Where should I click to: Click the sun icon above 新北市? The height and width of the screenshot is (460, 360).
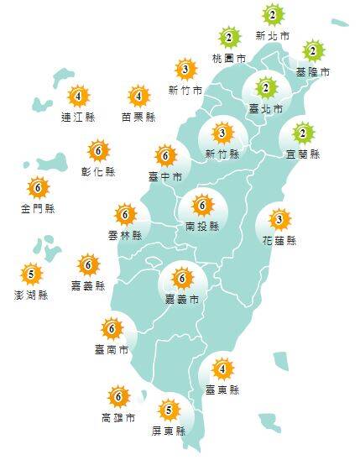click(x=273, y=15)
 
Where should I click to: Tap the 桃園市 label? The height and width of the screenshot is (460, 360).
click(x=230, y=59)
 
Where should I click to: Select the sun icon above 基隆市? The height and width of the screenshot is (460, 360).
click(x=313, y=50)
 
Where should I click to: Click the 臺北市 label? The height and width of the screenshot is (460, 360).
click(x=265, y=109)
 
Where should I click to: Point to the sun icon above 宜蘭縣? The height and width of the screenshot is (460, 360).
click(x=303, y=133)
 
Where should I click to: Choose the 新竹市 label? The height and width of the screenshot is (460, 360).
click(x=185, y=90)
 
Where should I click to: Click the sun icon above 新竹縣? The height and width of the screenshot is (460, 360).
click(x=222, y=133)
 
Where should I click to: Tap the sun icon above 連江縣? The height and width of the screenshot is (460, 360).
click(x=79, y=96)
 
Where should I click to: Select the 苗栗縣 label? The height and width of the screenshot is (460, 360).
click(x=138, y=118)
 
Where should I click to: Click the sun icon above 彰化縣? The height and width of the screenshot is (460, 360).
click(x=99, y=151)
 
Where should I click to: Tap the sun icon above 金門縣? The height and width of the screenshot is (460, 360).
click(x=38, y=187)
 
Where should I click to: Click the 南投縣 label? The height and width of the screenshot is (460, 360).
click(x=201, y=226)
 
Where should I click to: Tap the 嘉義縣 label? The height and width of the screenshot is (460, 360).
click(x=88, y=286)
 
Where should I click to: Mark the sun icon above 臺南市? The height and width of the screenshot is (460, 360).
click(x=112, y=327)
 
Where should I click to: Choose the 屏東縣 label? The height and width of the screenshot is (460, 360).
click(x=169, y=431)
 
